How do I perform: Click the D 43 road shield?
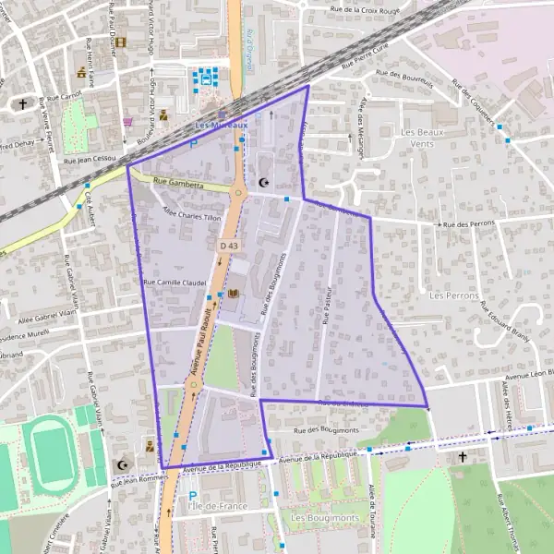[228, 246]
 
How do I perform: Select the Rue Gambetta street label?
[179, 184]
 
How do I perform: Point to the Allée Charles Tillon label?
[191, 216]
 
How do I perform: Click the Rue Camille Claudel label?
[174, 282]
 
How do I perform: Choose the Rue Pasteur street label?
[327, 306]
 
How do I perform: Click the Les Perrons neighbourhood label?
[454, 295]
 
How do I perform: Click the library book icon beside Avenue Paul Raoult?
[233, 294]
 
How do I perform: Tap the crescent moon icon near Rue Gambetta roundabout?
[267, 183]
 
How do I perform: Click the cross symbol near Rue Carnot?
[23, 104]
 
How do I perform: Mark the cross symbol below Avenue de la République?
[464, 456]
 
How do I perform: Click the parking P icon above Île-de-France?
[193, 496]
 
